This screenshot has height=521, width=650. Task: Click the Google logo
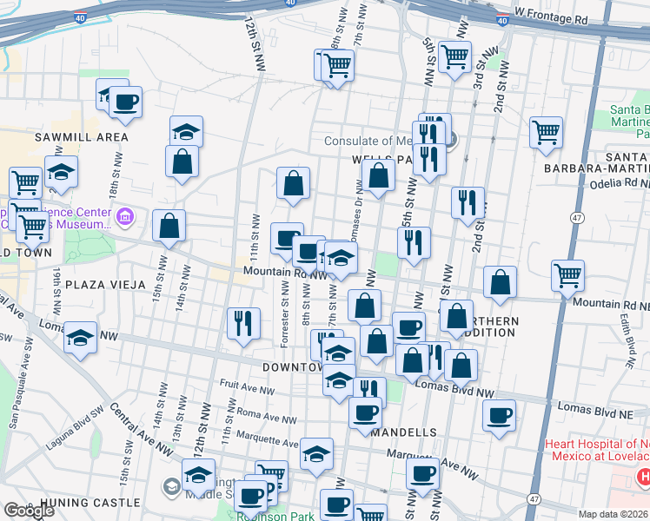pyautogui.click(x=29, y=511)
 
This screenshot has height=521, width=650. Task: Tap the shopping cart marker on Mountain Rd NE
pyautogui.click(x=567, y=275)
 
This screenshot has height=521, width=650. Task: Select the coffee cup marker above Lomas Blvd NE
pyautogui.click(x=498, y=416)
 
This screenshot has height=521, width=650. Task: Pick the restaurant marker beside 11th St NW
pyautogui.click(x=243, y=323)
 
